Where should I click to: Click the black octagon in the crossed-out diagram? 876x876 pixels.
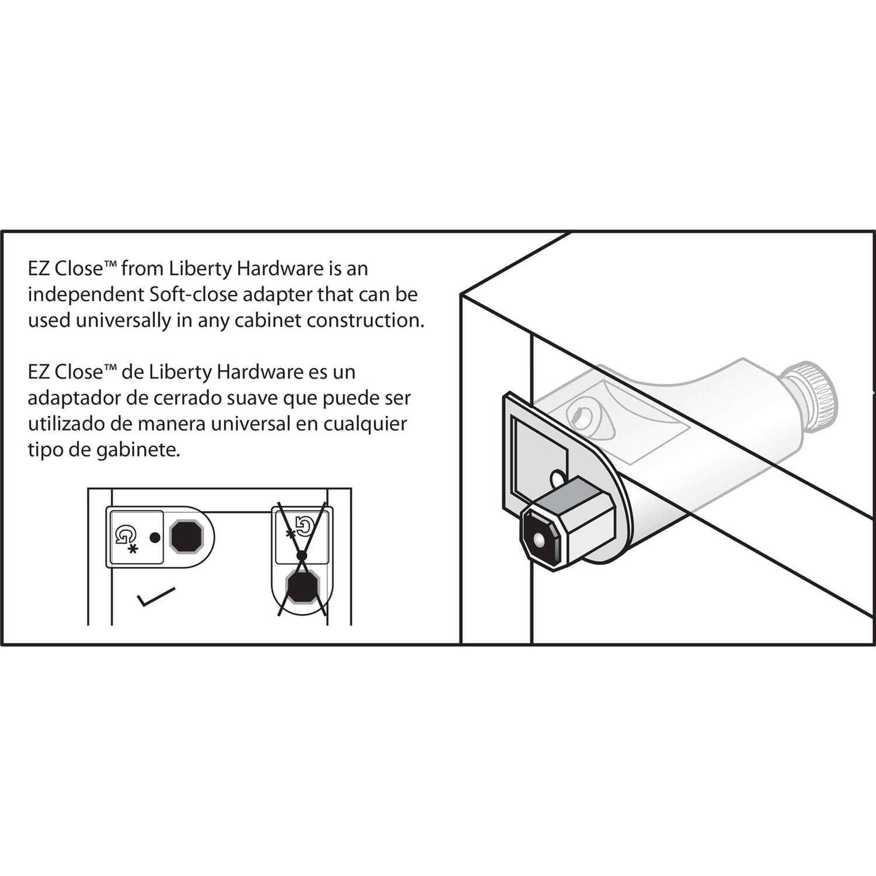pyautogui.click(x=302, y=588)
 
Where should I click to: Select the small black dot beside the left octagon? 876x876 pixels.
pyautogui.click(x=155, y=537)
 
